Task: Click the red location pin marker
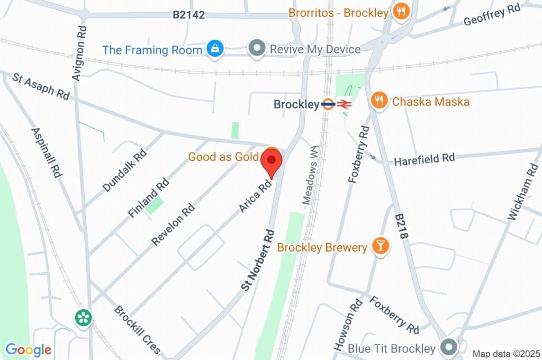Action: coord(272,162)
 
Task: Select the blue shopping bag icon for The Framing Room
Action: coord(215,50)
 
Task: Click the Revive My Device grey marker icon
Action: coord(257,49)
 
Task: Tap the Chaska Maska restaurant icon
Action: coord(378,100)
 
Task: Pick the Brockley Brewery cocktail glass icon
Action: coord(380,246)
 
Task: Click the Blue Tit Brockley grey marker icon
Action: coord(449,348)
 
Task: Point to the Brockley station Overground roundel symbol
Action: coord(328,104)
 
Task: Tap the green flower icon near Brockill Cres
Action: coord(84,318)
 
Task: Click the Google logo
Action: coord(28,350)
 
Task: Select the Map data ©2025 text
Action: coord(505,353)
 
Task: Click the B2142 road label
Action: coord(188,15)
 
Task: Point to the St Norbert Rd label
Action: coord(259,259)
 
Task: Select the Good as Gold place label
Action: coord(223,157)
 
